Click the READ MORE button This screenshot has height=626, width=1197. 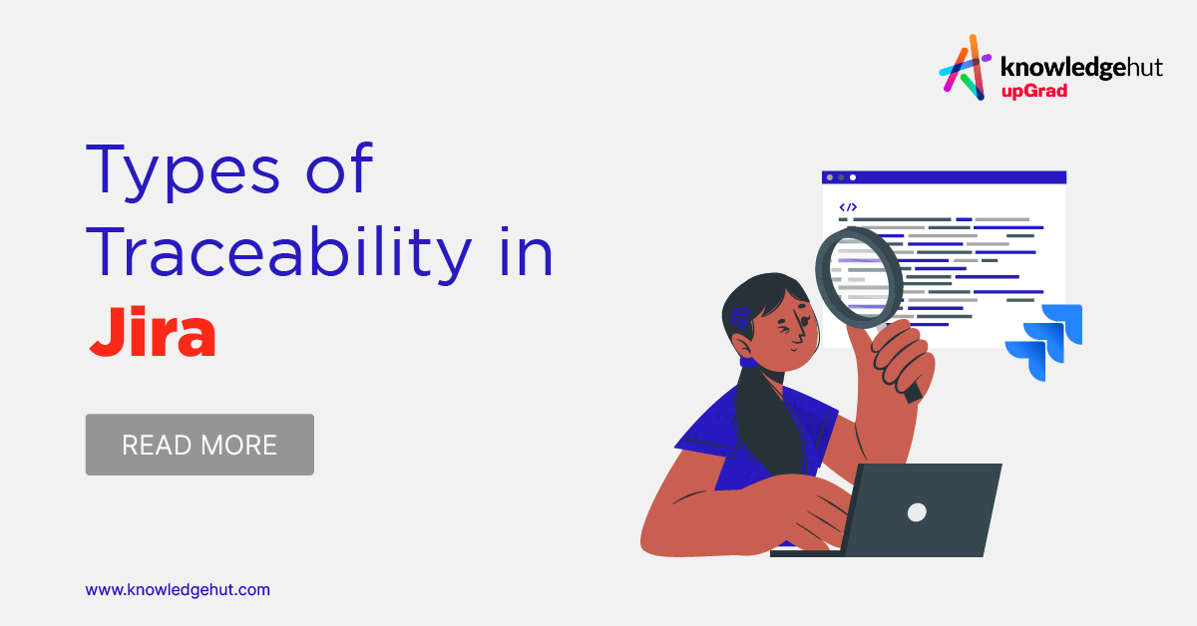(199, 445)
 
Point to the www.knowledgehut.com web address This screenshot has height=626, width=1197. (178, 590)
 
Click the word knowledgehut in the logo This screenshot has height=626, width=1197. (1067, 67)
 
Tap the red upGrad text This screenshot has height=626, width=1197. (1033, 91)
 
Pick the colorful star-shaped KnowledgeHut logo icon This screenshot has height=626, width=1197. (967, 67)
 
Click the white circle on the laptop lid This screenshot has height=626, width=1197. (917, 511)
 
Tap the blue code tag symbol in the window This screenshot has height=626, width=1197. (848, 207)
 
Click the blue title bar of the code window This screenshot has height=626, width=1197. (944, 177)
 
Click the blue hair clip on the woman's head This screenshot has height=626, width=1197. (739, 319)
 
